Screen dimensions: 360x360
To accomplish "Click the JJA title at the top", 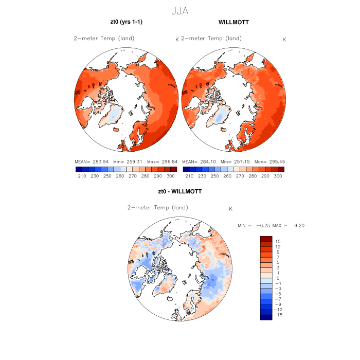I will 179,11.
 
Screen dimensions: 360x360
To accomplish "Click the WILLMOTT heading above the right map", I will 233,23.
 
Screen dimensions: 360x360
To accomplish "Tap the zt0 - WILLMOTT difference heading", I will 180,191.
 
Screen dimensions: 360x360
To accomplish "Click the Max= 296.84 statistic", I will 163,161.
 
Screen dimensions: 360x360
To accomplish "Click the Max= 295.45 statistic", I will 271,161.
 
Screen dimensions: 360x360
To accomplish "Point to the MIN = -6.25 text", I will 254,225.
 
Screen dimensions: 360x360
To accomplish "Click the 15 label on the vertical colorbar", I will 277,241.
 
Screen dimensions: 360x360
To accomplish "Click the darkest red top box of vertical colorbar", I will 266,239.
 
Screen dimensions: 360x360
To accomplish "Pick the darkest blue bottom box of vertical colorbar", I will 266,317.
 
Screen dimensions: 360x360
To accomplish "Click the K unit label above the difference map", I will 231,208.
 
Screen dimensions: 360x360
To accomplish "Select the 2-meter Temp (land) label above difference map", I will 158,208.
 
